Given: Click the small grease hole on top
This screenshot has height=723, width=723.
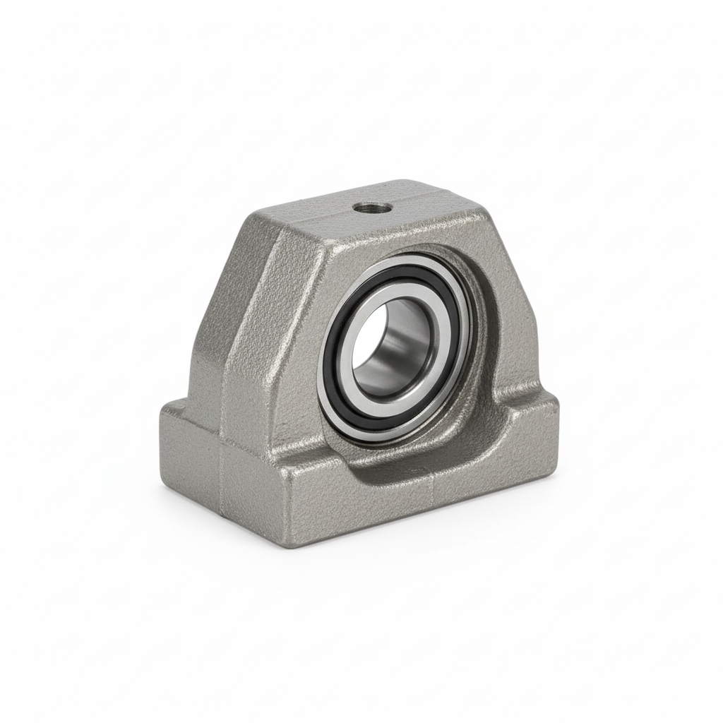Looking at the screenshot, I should pos(373,208).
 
